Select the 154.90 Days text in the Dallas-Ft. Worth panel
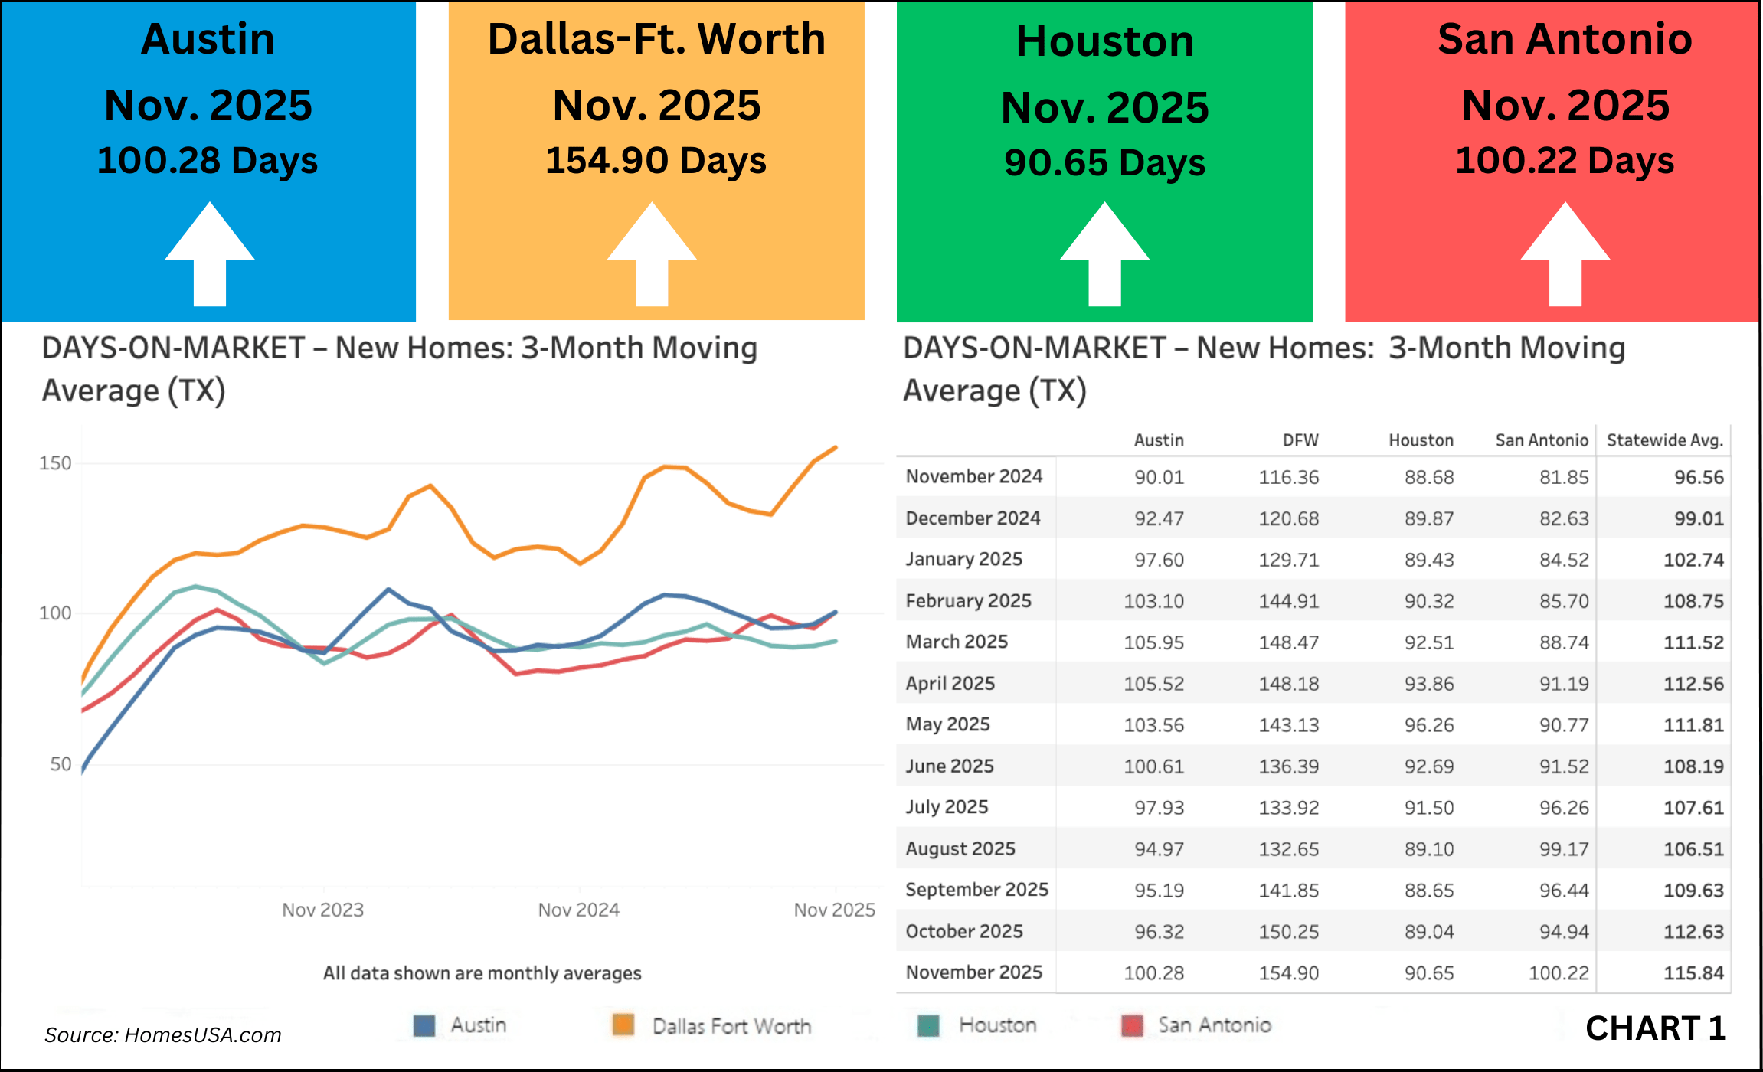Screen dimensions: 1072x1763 click(x=656, y=162)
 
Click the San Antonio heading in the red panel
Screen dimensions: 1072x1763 click(x=1565, y=39)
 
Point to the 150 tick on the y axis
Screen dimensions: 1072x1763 click(x=55, y=463)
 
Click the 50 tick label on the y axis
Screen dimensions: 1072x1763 click(x=61, y=764)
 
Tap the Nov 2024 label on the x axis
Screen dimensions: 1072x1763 click(x=578, y=910)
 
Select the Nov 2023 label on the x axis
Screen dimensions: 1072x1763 click(x=322, y=910)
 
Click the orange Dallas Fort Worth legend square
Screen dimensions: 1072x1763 click(x=623, y=1025)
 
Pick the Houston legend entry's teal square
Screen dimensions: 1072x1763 click(x=928, y=1025)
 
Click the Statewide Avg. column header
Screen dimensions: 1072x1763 click(x=1664, y=440)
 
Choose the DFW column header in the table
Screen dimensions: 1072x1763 click(x=1300, y=440)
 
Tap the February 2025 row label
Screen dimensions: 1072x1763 click(x=968, y=601)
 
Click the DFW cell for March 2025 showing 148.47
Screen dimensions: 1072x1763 click(x=1289, y=642)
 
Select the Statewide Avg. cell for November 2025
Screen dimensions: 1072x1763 click(x=1693, y=973)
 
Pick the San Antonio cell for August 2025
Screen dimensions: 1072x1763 click(x=1564, y=849)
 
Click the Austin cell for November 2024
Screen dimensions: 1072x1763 click(x=1159, y=477)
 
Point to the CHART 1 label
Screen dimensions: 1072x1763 click(x=1655, y=1028)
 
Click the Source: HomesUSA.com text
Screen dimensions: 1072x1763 click(x=162, y=1035)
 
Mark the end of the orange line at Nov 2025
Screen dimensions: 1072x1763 click(x=836, y=447)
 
